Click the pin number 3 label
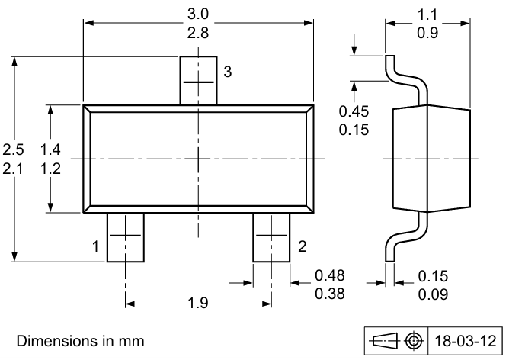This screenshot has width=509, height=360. pyautogui.click(x=228, y=72)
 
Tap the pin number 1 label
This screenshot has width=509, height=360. pyautogui.click(x=95, y=246)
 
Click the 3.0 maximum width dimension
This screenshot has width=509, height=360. pyautogui.click(x=198, y=13)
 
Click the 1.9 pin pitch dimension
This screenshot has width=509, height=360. pyautogui.click(x=197, y=304)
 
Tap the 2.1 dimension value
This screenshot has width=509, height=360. pyautogui.click(x=13, y=169)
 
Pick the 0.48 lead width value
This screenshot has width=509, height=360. pyautogui.click(x=329, y=275)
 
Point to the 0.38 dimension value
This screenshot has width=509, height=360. pyautogui.click(x=329, y=294)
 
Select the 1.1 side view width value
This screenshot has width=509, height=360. pyautogui.click(x=429, y=13)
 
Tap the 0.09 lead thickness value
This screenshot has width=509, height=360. pyautogui.click(x=432, y=294)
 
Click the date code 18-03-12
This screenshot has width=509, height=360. pyautogui.click(x=465, y=339)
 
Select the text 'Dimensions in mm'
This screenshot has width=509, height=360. pyautogui.click(x=80, y=340)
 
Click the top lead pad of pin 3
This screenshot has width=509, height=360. pyautogui.click(x=198, y=80)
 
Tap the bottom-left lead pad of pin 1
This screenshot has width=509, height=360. pyautogui.click(x=125, y=236)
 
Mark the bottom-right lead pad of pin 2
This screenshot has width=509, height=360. pyautogui.click(x=271, y=236)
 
